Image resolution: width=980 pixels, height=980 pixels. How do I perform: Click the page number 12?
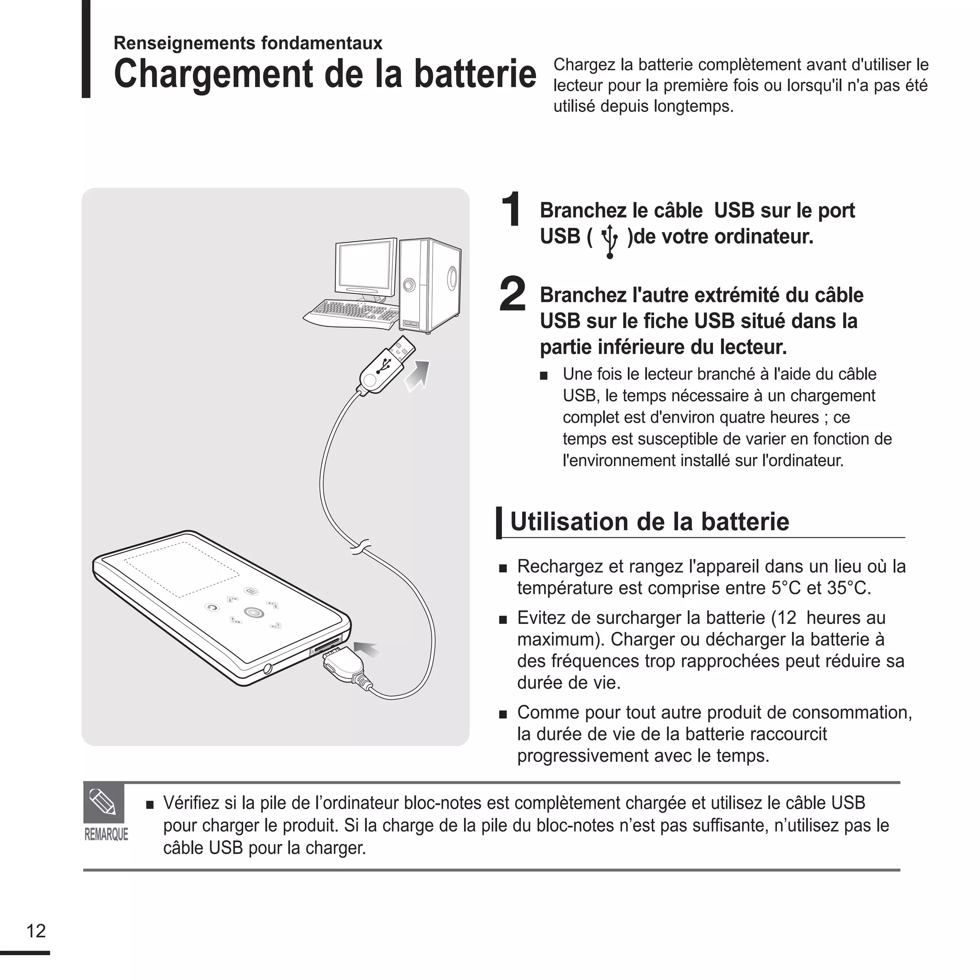(36, 931)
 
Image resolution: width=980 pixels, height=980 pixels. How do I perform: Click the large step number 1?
(511, 209)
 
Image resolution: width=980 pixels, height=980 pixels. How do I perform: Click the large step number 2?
(512, 294)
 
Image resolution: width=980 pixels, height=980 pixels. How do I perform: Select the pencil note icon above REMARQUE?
(103, 802)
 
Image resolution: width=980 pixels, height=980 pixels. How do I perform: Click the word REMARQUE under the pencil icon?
(106, 835)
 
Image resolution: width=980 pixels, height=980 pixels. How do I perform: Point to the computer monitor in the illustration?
(365, 269)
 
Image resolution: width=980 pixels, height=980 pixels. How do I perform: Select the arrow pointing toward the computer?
(417, 376)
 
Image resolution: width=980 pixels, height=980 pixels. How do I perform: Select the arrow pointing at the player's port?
(366, 649)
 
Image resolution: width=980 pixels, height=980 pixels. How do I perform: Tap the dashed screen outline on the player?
(181, 569)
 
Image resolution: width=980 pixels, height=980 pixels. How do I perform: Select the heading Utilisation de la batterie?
(649, 522)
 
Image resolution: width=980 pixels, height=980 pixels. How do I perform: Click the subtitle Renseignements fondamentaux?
(247, 43)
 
